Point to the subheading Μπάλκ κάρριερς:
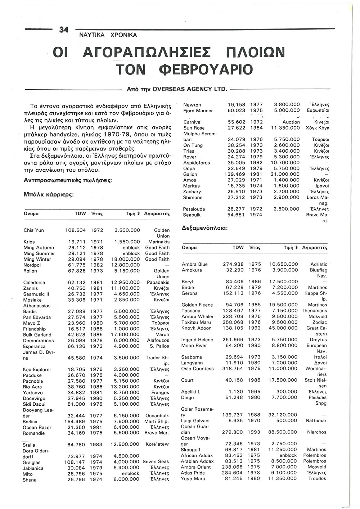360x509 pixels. coord(49,194)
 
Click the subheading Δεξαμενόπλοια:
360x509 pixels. coord(204,228)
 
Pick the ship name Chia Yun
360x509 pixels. coord(33,230)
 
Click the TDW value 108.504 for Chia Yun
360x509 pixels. coord(75,230)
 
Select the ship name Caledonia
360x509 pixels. coord(34,283)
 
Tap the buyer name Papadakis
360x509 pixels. coord(158,283)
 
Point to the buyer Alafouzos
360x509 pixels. coord(158,341)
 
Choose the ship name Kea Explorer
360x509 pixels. coord(37,370)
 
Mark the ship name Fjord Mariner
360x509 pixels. coord(198,111)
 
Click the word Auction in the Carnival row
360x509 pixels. coord(291,122)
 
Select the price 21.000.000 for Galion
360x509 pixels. coord(287,174)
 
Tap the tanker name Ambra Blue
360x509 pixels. coord(195,264)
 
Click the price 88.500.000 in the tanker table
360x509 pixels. coord(283,432)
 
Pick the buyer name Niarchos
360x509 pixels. coord(317,432)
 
